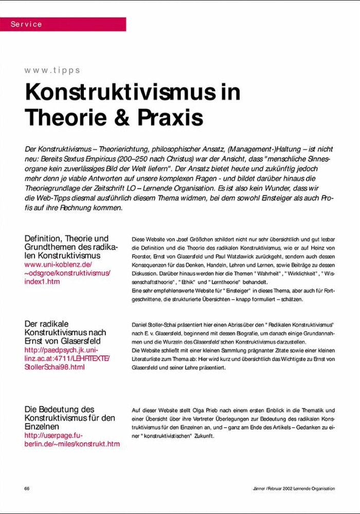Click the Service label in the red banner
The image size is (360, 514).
26,24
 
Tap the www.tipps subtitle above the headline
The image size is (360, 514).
52,70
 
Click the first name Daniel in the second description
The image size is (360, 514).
141,325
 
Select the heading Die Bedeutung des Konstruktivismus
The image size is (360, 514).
69,418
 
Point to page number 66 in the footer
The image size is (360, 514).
27,488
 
